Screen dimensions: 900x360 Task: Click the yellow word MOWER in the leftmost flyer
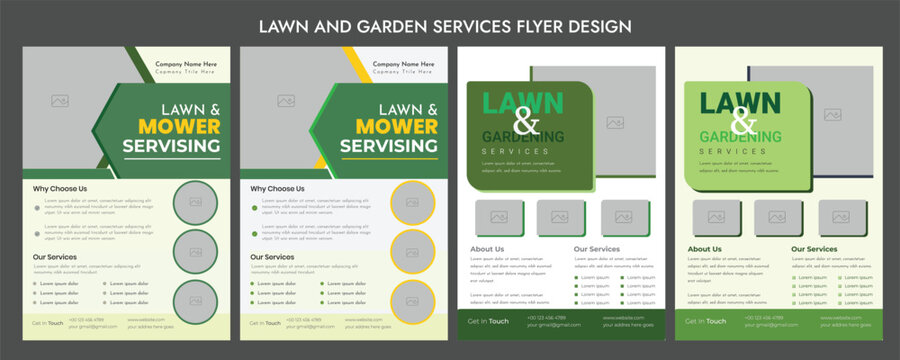point(179,126)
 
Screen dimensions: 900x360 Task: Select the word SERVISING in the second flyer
point(389,146)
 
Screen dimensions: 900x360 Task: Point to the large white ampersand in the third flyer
point(526,123)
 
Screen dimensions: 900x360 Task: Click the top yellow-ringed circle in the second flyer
point(411,202)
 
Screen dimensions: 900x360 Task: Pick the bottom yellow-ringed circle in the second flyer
point(411,301)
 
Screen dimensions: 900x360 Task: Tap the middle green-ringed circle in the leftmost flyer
point(194,251)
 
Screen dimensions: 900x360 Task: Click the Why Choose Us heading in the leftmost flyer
point(60,188)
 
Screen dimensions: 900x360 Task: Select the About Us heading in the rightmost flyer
point(704,249)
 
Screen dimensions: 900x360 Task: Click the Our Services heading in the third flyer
point(597,249)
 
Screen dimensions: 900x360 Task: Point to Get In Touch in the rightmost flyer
point(706,321)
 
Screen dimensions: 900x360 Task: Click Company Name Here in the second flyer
point(403,64)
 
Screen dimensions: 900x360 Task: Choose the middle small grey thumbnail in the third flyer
point(560,216)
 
